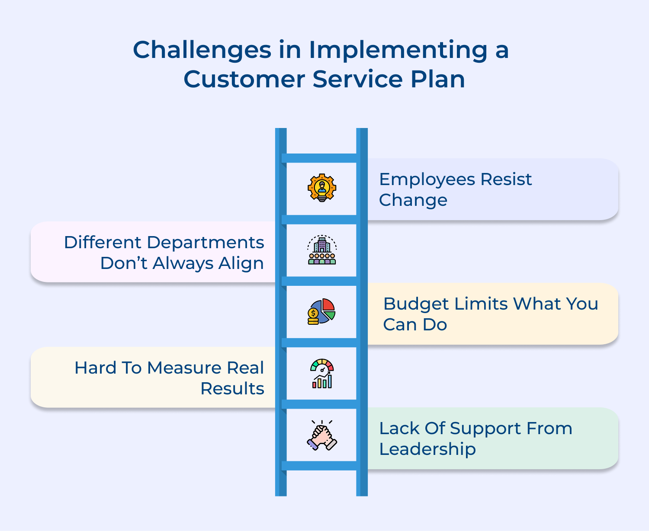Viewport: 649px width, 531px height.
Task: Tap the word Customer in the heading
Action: tap(244, 80)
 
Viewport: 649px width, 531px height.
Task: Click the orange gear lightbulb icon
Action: tap(322, 188)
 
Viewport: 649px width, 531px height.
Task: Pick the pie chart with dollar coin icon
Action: tap(322, 311)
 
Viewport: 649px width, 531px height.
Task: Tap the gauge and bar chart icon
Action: tap(322, 374)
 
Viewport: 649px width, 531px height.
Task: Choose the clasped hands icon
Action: tap(322, 436)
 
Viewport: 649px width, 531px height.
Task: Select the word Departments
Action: tap(205, 243)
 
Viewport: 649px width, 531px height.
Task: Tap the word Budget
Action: tap(415, 304)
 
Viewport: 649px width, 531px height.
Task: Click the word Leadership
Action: tap(427, 449)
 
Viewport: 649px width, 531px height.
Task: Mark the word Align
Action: tap(241, 263)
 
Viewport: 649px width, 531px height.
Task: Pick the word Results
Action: tap(232, 389)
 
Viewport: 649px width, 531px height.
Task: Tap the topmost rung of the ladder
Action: tap(321, 158)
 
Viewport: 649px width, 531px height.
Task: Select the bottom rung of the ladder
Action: tap(321, 466)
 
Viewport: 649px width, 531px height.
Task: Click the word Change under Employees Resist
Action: tap(413, 200)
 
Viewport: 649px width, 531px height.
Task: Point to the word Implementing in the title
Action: tap(398, 50)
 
